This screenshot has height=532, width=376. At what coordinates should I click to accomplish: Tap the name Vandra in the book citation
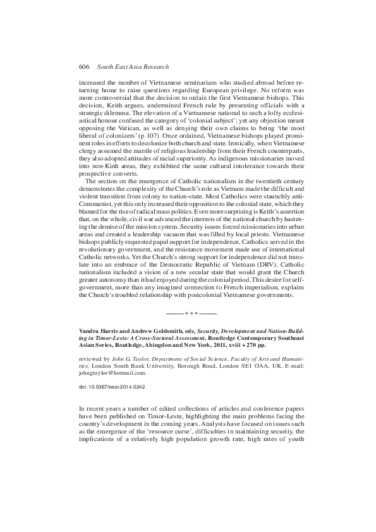90,330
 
